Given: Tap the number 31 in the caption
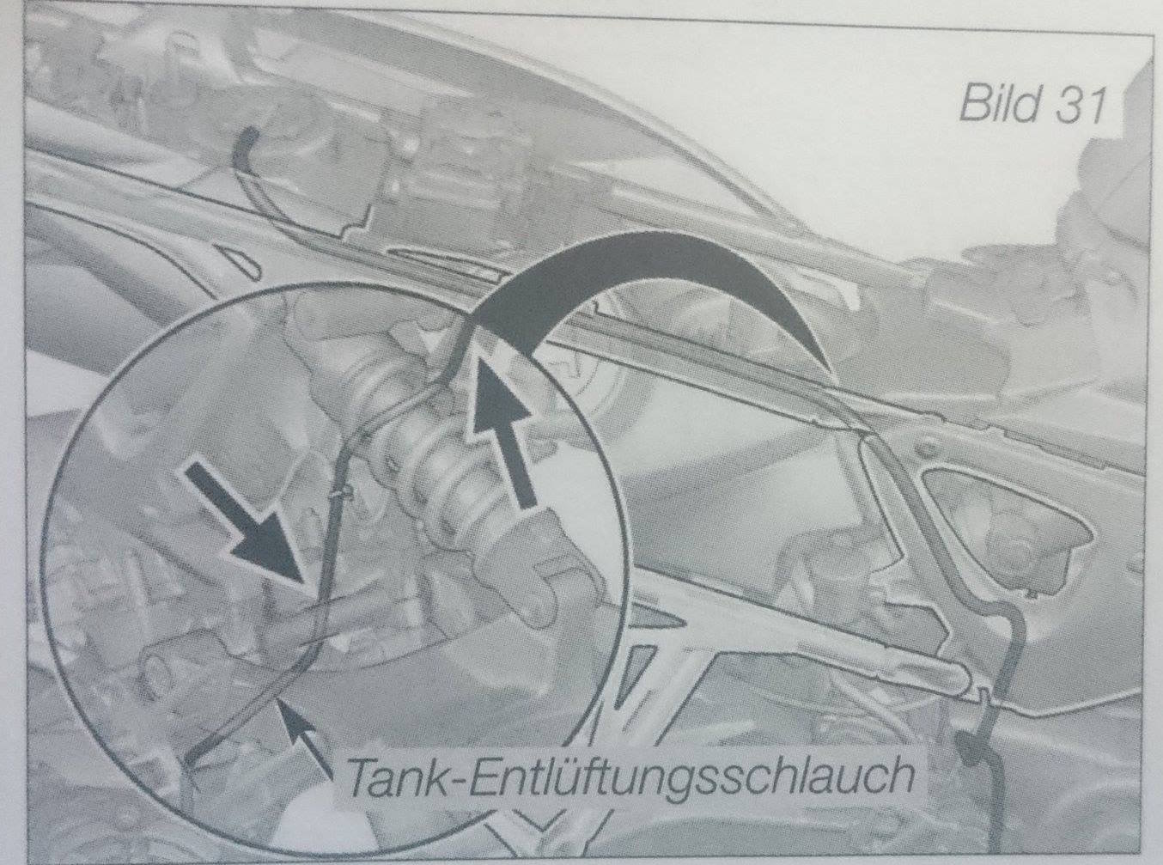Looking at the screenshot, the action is (x=1080, y=106).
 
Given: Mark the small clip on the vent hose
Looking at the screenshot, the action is (x=343, y=492).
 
